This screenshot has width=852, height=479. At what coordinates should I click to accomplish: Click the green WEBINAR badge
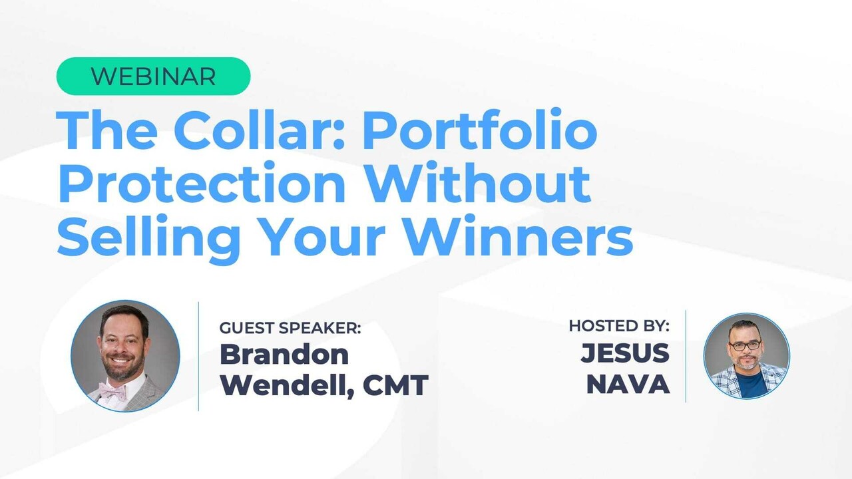coord(153,77)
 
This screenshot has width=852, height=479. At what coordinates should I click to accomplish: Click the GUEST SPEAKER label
coord(290,327)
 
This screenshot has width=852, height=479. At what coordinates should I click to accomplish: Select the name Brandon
coord(284,354)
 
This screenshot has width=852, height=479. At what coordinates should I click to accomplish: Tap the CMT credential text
coord(395,385)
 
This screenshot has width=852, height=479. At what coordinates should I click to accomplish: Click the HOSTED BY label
coord(619,326)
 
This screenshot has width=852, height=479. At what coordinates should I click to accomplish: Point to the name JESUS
coord(624,353)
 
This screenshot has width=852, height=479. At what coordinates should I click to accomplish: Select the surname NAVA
coord(628,385)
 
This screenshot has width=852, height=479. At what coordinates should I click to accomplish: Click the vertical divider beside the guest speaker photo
coord(199,356)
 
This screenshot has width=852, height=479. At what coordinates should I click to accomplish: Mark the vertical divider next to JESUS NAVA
coord(686,356)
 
